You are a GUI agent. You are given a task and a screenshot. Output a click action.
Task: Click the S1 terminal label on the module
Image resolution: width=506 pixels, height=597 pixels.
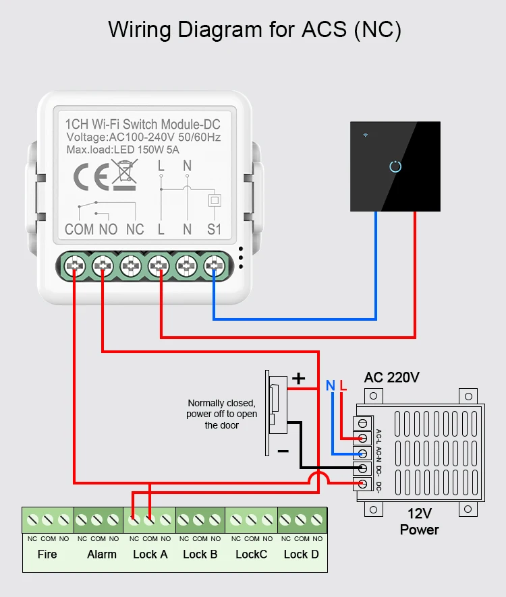214,229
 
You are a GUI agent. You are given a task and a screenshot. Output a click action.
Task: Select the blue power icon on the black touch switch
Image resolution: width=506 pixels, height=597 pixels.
396,166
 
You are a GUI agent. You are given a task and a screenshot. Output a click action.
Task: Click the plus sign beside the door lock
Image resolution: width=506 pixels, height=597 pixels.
298,379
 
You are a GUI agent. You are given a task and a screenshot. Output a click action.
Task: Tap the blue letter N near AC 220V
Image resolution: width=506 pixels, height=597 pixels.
331,386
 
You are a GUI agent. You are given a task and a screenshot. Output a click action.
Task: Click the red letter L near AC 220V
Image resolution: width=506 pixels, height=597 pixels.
343,386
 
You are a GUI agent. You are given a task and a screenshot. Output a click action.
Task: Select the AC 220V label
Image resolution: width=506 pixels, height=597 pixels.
391,377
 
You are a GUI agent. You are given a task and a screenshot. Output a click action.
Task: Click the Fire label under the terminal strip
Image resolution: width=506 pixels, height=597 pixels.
47,555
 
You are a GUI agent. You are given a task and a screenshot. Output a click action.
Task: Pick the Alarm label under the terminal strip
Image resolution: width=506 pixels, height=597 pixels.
102,555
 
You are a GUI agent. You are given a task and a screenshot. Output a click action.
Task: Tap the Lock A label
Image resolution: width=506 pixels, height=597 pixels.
150,555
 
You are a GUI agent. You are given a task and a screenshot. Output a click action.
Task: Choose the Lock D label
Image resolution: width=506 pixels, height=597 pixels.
301,555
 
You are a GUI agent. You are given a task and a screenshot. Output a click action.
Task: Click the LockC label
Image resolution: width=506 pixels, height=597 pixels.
252,555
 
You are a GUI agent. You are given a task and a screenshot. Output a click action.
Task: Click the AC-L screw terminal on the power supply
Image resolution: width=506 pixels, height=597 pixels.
364,424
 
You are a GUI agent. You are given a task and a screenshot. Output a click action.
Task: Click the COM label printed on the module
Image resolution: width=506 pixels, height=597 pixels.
79,229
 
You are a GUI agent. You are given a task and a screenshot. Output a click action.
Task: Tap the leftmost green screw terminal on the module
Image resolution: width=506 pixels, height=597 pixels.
74,267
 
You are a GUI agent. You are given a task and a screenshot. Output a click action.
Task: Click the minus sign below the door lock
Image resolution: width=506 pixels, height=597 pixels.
283,451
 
